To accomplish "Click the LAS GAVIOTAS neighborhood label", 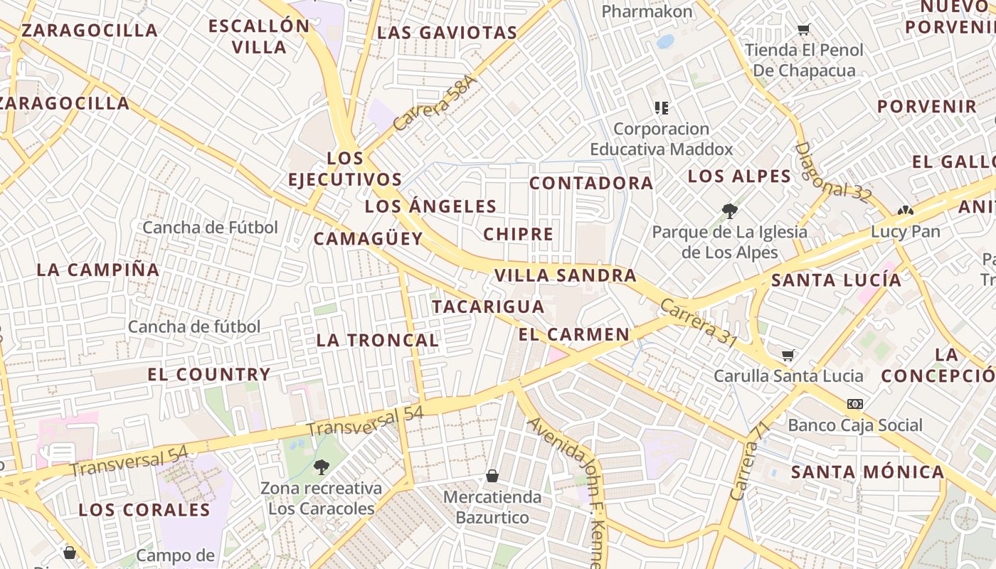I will click(x=447, y=33).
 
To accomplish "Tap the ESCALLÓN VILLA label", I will click(x=259, y=37).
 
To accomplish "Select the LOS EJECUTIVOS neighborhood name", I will click(x=345, y=169).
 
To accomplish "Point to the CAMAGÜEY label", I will click(x=369, y=239).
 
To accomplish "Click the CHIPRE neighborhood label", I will click(x=518, y=234).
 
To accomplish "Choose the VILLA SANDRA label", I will click(x=565, y=275).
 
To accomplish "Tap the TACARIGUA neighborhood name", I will click(x=488, y=307).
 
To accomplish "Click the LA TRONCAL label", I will click(x=377, y=340).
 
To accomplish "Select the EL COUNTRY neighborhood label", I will click(x=209, y=374).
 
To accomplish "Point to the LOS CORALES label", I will click(x=144, y=510).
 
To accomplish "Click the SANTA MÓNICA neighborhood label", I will click(x=867, y=472).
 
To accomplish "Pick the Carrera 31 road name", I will click(x=698, y=323).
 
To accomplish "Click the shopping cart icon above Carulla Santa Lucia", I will click(x=788, y=355).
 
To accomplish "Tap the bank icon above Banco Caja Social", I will click(x=854, y=404).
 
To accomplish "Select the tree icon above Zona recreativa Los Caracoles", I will click(x=322, y=467).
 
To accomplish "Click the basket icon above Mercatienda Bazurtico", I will click(x=492, y=475).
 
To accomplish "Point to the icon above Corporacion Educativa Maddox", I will click(x=662, y=108).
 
